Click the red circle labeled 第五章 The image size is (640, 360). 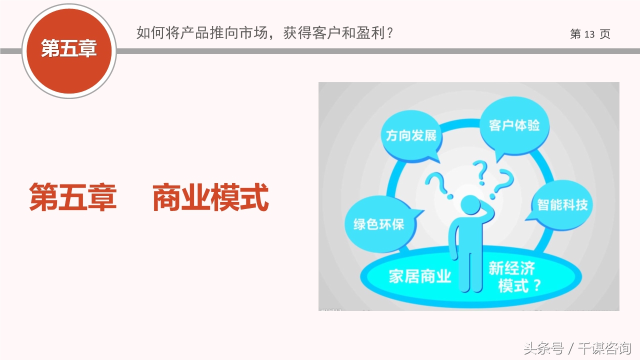pyautogui.click(x=69, y=49)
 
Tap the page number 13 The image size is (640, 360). pyautogui.click(x=589, y=34)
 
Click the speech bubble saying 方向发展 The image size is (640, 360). pyautogui.click(x=411, y=135)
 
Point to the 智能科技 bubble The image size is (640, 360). pyautogui.click(x=562, y=204)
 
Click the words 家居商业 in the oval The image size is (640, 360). pyautogui.click(x=420, y=276)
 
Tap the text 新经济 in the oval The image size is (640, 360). pyautogui.click(x=511, y=269)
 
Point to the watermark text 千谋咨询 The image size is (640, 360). pyautogui.click(x=604, y=348)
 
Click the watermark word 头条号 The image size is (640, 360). pyautogui.click(x=543, y=348)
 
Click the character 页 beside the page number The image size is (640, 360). pyautogui.click(x=605, y=34)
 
